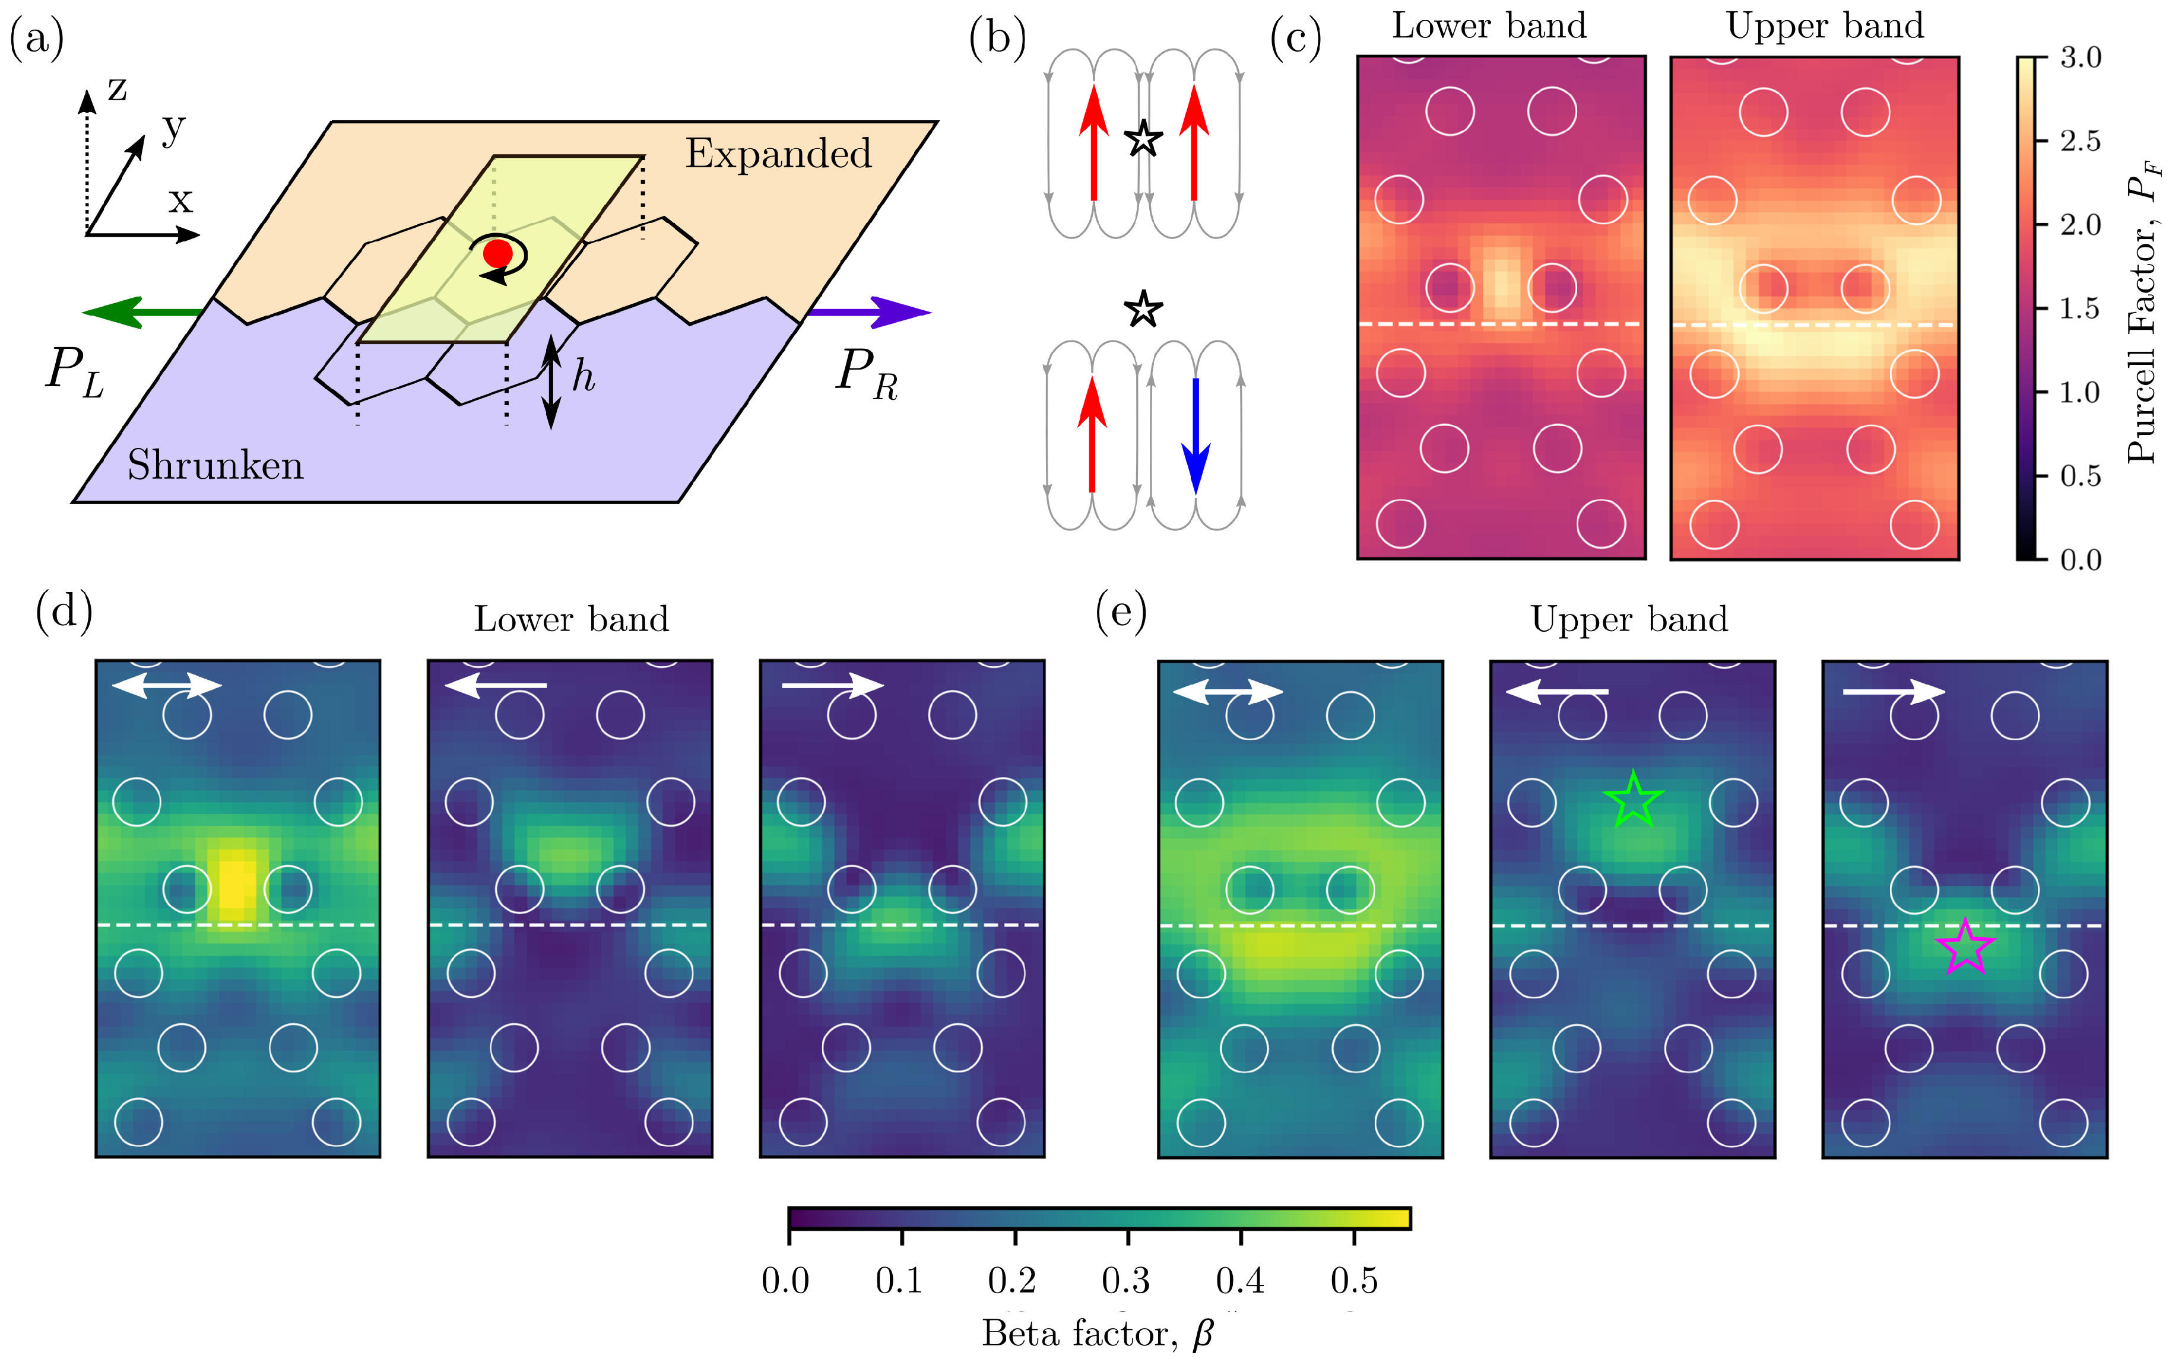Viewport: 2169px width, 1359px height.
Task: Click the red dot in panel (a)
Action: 497,253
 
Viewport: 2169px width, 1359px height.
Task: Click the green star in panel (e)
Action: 1633,800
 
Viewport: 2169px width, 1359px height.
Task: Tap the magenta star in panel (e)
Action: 1966,947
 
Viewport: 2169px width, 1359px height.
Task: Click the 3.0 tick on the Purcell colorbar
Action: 2080,58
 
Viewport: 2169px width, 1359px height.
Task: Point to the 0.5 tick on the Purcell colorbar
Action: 2080,476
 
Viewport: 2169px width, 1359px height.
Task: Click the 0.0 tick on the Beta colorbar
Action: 786,1280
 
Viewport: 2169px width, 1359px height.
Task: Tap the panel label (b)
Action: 997,40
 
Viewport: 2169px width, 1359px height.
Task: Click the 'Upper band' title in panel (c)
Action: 1825,26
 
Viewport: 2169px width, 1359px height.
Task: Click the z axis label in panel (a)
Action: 117,88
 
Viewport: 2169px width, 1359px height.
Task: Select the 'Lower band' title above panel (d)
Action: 571,619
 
